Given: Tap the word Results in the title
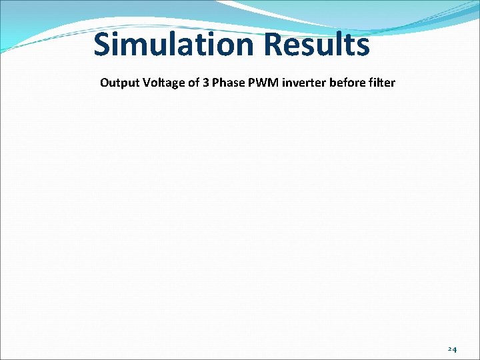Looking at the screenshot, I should pos(317,45).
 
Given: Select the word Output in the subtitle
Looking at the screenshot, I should pos(117,83).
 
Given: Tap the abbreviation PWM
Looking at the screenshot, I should pos(260,83).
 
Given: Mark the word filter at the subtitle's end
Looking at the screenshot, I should pos(382,83).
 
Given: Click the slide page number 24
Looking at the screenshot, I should pos(452,349).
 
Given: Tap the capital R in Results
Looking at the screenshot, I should pos(274,45).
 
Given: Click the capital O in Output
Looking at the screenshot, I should pos(105,83).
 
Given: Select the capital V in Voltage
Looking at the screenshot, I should pos(141,83).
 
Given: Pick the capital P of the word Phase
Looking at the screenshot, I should pos(215,83).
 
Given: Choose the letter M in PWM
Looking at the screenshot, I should pos(271,83).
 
